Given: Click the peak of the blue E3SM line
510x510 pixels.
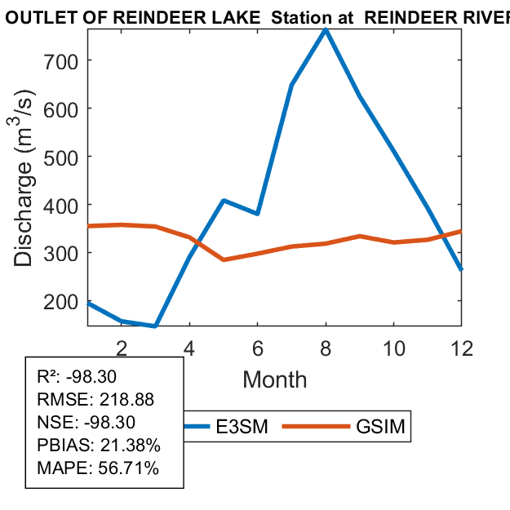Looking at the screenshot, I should point(326,29).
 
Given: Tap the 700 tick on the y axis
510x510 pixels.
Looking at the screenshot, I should point(66,60).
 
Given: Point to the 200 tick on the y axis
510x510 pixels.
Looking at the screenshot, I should point(66,301).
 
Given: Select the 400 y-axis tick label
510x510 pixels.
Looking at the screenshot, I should point(66,205).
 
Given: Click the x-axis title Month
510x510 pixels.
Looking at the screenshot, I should point(275,379).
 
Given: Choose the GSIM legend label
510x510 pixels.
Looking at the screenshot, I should point(380,427).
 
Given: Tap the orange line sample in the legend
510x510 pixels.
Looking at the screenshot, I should point(319,427).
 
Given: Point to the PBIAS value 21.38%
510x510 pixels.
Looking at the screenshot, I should point(131,446).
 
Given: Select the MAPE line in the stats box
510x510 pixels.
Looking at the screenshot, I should point(98,468).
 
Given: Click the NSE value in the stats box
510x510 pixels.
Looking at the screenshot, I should point(112,423).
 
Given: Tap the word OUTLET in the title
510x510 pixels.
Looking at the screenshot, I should point(30,16).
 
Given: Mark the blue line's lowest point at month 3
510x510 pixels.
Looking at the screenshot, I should point(154,326).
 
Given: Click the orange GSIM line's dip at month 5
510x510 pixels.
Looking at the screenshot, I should point(224,259).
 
